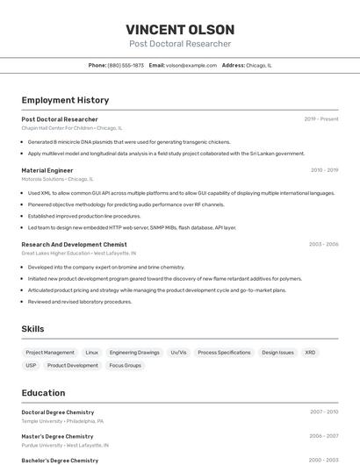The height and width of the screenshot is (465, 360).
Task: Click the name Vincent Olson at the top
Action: click(180, 29)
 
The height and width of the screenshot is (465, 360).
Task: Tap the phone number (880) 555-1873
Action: click(126, 65)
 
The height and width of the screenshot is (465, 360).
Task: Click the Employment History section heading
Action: click(65, 100)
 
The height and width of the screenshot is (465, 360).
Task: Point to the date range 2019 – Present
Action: click(321, 119)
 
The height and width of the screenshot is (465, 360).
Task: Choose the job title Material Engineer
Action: click(47, 170)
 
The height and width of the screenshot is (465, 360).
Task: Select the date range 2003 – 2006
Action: click(323, 244)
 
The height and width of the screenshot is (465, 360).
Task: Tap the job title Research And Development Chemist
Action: click(74, 244)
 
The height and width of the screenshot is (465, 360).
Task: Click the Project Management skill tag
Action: click(50, 352)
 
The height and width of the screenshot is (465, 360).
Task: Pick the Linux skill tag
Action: click(92, 352)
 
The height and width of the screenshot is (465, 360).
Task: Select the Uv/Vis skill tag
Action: click(178, 352)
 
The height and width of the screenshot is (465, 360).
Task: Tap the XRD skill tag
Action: click(310, 352)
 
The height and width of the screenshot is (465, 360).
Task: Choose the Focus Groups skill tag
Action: click(125, 365)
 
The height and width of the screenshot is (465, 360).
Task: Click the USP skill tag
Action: click(32, 365)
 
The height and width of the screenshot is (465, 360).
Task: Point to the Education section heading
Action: click(43, 393)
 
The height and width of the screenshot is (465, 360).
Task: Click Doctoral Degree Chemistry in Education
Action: click(57, 411)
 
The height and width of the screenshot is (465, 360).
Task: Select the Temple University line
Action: click(44, 421)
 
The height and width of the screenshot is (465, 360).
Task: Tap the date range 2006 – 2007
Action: click(323, 436)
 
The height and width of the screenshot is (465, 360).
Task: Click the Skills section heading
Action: click(33, 329)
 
